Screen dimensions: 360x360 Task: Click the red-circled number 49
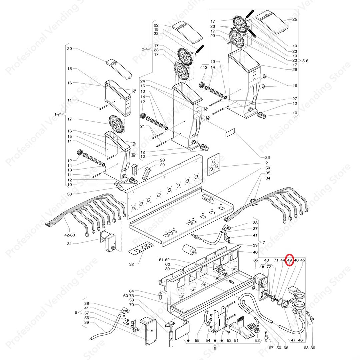289,260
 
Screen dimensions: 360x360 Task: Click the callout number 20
69,49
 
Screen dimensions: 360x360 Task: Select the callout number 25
295,20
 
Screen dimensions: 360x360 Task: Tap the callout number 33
267,157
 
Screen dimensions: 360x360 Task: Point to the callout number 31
69,244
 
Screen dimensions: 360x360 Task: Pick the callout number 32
131,264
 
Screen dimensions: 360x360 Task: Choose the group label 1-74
58,114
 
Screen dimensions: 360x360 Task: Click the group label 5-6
306,61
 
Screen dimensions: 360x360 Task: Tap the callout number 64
131,291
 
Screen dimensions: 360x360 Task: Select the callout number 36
313,348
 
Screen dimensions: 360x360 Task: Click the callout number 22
156,25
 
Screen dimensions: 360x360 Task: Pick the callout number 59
267,168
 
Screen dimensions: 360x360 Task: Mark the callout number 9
76,313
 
